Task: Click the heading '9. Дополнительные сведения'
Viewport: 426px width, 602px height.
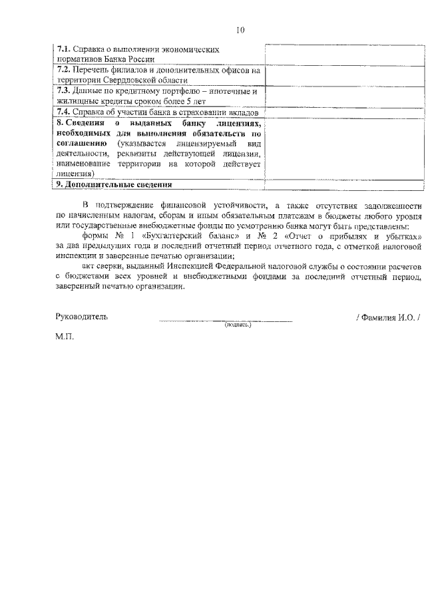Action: pyautogui.click(x=114, y=184)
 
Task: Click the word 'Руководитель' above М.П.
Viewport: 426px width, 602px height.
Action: pyautogui.click(x=81, y=317)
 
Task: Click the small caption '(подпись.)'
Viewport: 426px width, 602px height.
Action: pyautogui.click(x=238, y=325)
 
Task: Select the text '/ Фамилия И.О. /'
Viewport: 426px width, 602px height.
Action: pyautogui.click(x=388, y=317)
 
